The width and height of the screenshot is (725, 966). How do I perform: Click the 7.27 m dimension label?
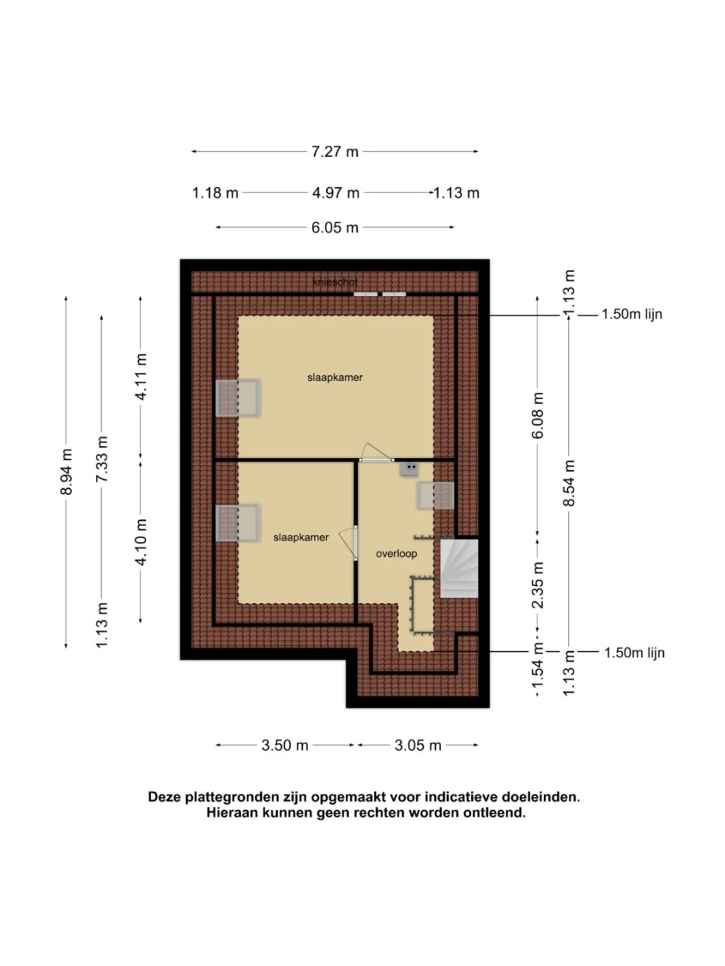[335, 152]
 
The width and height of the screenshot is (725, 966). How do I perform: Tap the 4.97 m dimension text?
[336, 192]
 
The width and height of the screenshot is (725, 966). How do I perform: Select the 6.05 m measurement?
[335, 227]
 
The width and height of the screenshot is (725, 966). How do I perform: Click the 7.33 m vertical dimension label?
[102, 459]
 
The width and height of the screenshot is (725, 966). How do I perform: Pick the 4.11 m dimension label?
[141, 377]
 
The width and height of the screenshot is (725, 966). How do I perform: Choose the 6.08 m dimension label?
[538, 415]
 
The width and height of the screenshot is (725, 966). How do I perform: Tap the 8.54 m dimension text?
[569, 483]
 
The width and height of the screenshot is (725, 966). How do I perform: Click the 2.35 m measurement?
[538, 586]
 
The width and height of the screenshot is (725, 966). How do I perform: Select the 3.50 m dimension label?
[285, 746]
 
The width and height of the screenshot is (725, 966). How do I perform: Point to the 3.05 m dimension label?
[418, 746]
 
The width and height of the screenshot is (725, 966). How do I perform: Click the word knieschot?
[335, 282]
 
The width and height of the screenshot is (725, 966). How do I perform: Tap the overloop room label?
[396, 554]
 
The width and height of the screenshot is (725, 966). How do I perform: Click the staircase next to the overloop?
[459, 568]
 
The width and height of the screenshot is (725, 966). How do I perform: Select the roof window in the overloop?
[436, 496]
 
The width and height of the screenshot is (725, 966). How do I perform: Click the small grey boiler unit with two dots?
[409, 469]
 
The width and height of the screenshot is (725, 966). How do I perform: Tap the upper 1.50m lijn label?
[631, 314]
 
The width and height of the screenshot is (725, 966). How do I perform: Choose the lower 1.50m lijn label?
[634, 652]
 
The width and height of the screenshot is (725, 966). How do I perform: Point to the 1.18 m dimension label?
[215, 192]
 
